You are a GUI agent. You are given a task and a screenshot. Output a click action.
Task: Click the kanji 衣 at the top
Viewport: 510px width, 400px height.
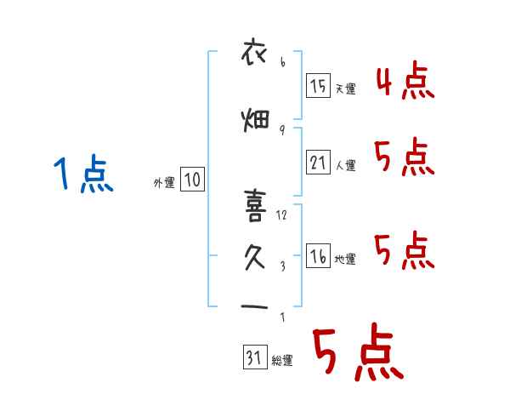(x=254, y=52)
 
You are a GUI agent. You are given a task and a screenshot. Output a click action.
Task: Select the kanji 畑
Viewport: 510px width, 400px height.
(x=255, y=120)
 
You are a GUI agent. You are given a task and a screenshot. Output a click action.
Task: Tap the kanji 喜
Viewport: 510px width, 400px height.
(x=255, y=206)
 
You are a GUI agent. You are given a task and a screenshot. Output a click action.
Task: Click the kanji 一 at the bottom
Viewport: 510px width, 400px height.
(x=254, y=306)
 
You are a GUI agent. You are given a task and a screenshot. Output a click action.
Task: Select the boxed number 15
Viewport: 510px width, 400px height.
(x=318, y=85)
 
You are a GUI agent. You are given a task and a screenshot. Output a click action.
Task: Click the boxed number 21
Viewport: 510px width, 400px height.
(x=318, y=163)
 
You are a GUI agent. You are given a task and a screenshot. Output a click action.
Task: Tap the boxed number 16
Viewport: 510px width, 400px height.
(x=318, y=255)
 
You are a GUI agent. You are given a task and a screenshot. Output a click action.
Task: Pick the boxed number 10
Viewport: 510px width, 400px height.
(x=192, y=179)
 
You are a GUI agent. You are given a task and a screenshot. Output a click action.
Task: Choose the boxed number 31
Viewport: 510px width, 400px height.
(x=255, y=357)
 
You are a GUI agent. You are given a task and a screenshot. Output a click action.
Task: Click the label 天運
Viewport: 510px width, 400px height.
(x=346, y=89)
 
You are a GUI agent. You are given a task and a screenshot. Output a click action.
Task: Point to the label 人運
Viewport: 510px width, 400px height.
(x=346, y=165)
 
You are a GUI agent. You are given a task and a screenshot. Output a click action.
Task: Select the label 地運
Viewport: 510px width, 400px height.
(x=345, y=259)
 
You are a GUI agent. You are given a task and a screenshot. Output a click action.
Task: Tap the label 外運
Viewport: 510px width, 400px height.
(x=164, y=183)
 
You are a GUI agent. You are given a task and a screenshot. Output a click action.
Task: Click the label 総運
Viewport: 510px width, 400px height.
(x=282, y=361)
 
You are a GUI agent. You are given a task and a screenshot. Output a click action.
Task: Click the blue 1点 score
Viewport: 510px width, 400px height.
(x=83, y=174)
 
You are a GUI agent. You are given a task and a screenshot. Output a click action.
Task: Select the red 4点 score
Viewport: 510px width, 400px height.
(x=405, y=81)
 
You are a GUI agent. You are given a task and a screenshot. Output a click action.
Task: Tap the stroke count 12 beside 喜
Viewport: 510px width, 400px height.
(x=281, y=215)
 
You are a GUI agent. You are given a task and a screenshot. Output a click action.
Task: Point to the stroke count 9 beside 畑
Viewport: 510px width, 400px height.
(x=282, y=130)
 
